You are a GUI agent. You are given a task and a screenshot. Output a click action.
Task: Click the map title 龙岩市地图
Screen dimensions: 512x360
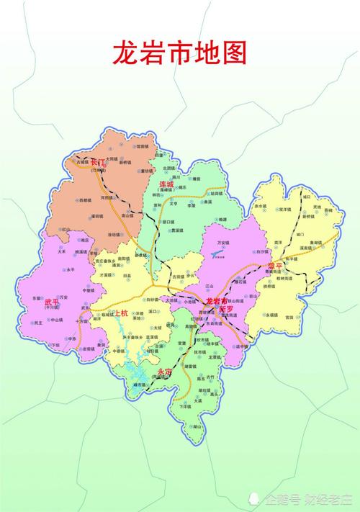tap(179, 53)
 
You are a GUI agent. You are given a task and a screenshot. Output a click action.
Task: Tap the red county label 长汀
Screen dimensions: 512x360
tap(96, 164)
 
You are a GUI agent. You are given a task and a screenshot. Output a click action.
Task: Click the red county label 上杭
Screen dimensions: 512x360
tap(120, 313)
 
